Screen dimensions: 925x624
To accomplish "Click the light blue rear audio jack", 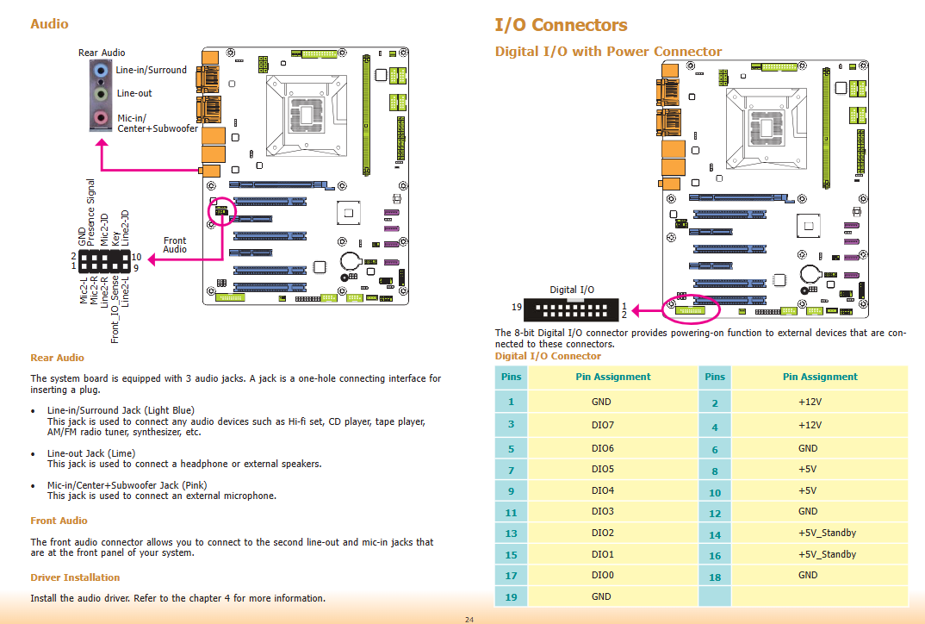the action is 101,71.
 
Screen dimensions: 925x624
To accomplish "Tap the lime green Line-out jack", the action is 101,94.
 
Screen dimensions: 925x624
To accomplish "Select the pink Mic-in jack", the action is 101,117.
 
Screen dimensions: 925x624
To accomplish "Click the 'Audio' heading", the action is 50,24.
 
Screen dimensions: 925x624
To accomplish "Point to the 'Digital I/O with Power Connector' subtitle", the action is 608,52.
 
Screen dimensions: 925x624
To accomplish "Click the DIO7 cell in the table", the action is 602,424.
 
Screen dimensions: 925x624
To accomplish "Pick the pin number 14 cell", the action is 714,534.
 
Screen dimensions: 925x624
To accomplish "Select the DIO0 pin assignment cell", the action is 602,575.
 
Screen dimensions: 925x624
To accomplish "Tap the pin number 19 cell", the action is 511,596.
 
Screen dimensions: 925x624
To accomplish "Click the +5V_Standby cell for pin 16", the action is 827,554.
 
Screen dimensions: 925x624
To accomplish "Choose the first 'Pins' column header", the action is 511,377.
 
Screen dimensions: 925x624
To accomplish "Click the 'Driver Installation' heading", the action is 75,577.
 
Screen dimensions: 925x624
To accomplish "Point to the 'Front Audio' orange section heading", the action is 59,521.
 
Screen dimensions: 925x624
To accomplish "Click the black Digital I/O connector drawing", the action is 571,309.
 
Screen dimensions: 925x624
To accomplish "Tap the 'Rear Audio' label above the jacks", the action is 102,53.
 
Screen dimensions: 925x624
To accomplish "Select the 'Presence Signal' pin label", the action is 90,212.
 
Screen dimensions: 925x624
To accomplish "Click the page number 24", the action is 469,620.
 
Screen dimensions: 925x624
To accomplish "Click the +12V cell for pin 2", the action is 810,402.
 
